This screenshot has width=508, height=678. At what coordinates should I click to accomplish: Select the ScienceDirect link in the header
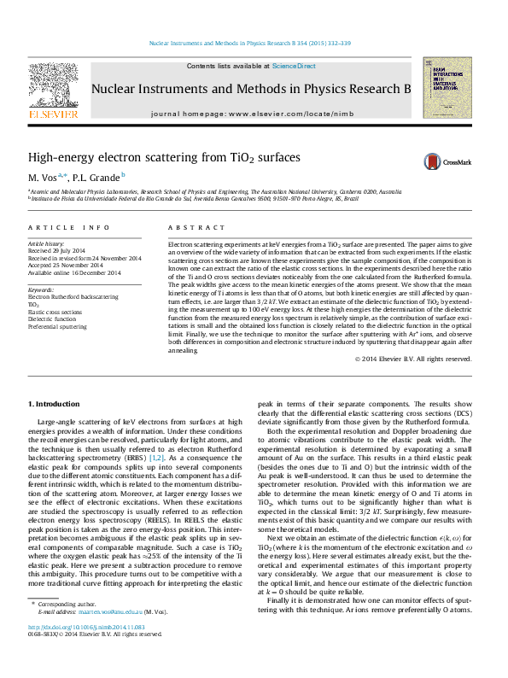(294, 66)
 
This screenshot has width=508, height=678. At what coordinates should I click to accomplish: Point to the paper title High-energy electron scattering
(164, 158)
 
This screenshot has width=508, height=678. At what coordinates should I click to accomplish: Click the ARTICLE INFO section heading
(68, 228)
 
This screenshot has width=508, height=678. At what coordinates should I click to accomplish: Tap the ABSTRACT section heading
(184, 228)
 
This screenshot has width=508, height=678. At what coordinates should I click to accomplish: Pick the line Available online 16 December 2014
(73, 272)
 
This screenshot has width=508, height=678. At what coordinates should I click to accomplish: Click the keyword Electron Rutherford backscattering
(73, 297)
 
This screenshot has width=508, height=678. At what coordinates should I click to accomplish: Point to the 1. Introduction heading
(55, 403)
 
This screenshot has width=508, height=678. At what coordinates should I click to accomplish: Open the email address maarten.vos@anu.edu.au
(109, 636)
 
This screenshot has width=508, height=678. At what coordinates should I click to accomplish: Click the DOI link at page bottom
(86, 651)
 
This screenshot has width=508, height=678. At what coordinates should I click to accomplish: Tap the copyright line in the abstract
(412, 383)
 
